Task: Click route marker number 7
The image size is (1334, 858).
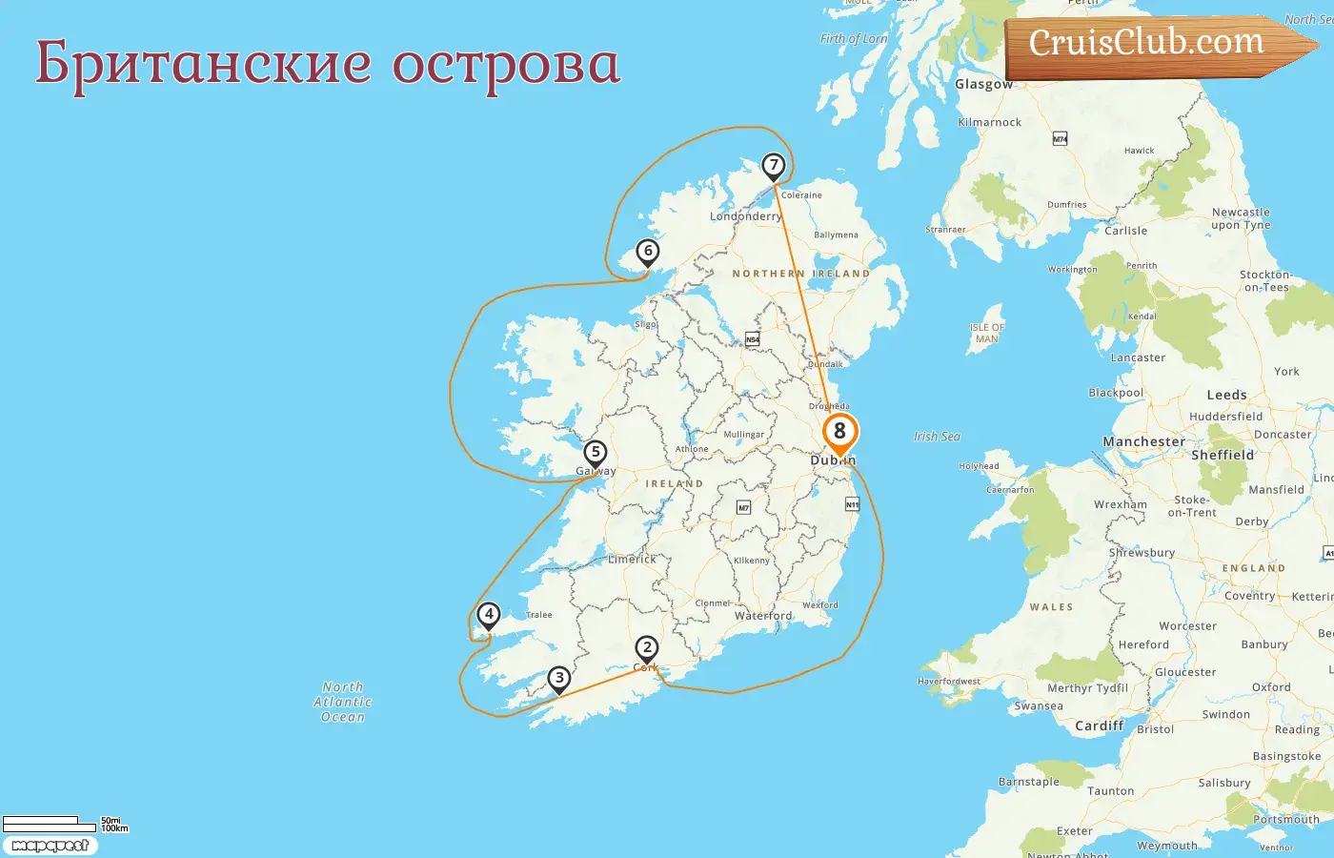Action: (x=774, y=166)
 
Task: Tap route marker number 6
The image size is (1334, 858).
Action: (x=648, y=252)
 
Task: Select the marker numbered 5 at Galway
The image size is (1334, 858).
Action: (x=596, y=453)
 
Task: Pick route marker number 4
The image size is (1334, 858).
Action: (x=489, y=615)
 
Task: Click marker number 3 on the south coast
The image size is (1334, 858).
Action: (x=559, y=679)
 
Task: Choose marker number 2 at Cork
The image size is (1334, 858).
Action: (x=647, y=649)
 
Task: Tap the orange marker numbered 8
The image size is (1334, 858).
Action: (x=839, y=432)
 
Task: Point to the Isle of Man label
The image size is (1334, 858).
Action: (x=987, y=333)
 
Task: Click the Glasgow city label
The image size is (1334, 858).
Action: (x=983, y=84)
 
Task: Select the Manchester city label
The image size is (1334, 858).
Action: (x=1143, y=441)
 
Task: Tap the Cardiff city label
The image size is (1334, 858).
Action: (x=1100, y=725)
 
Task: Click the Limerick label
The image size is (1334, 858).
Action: (x=632, y=560)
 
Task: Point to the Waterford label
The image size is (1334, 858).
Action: (x=763, y=616)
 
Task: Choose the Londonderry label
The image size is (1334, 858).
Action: (x=745, y=216)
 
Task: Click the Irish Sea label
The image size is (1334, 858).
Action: (x=937, y=437)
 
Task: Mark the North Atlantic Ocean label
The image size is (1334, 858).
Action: (x=343, y=702)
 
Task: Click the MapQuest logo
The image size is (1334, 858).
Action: (x=50, y=846)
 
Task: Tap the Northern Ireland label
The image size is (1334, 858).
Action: (x=800, y=274)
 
